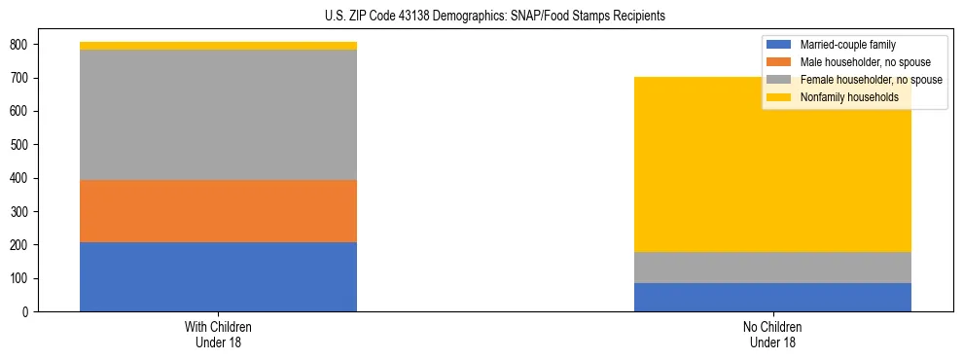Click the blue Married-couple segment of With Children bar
click(x=218, y=276)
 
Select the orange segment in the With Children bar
click(x=218, y=211)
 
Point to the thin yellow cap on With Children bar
click(x=218, y=46)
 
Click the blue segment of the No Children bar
click(x=772, y=297)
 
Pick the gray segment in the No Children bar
click(x=772, y=268)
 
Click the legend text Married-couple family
click(x=847, y=45)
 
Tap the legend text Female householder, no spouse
click(x=871, y=80)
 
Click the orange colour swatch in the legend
click(x=779, y=62)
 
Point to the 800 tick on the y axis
click(x=19, y=45)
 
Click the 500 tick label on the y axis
click(x=19, y=145)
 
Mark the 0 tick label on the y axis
click(x=25, y=312)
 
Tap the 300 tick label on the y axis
click(x=19, y=212)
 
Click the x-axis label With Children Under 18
click(x=218, y=334)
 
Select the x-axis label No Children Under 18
click(x=772, y=334)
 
